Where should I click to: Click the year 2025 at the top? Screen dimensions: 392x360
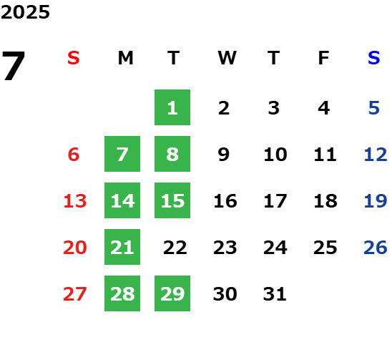[x=25, y=12]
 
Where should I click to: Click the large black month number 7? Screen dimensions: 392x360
[x=14, y=66]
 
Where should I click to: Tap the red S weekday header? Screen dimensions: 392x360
[x=74, y=58]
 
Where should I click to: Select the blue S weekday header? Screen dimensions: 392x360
[x=374, y=58]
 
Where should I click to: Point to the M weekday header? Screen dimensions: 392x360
[x=125, y=58]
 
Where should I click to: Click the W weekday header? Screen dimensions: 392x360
[x=227, y=58]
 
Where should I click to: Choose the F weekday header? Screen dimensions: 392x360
[x=324, y=58]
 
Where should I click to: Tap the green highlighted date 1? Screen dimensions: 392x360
[x=172, y=107]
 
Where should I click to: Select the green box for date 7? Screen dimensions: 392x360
[x=122, y=154]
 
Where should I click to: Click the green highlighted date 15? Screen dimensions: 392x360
[x=172, y=200]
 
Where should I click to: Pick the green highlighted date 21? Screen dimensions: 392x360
[x=122, y=247]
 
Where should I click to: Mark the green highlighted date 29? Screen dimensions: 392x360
[x=172, y=293]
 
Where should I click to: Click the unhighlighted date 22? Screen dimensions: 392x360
[x=175, y=248]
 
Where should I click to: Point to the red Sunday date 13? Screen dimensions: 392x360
[x=75, y=201]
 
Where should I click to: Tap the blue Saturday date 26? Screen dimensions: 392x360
[x=376, y=248]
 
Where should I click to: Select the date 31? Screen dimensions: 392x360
[x=275, y=294]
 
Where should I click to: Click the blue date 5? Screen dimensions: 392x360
[x=374, y=108]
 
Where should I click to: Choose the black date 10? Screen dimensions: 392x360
[x=275, y=155]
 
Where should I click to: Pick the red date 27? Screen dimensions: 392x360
[x=75, y=294]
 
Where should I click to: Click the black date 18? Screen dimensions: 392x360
[x=325, y=201]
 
